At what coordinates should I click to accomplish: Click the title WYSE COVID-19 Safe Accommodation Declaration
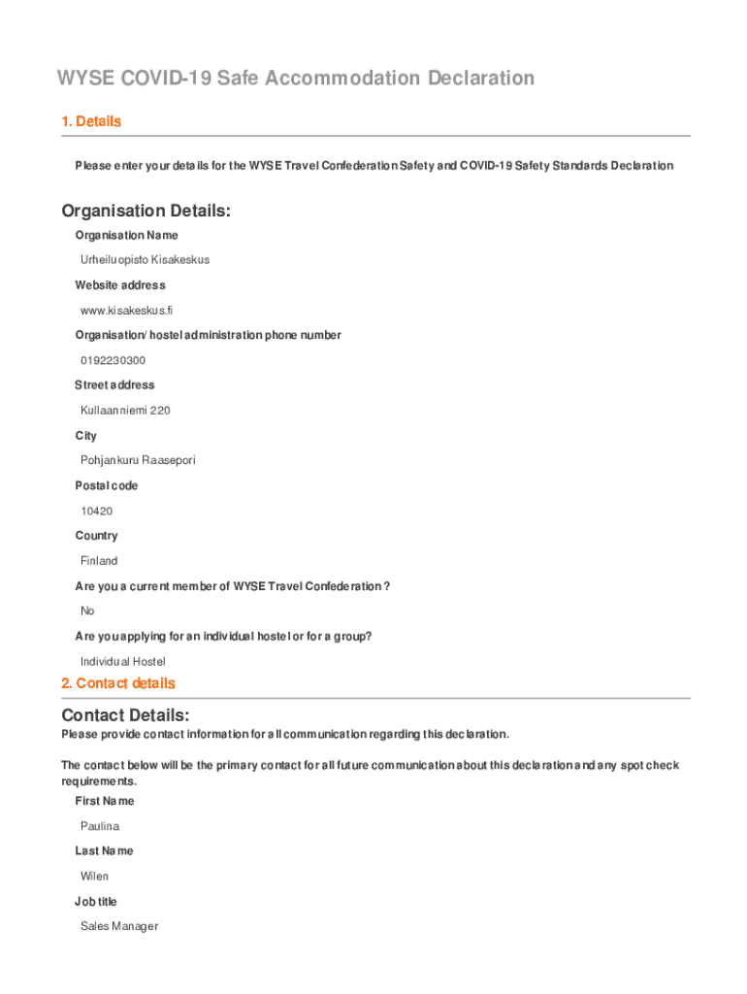click(295, 78)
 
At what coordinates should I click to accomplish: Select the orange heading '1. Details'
click(91, 121)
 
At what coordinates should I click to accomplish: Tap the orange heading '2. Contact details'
click(118, 683)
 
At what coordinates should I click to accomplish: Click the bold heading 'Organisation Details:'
click(146, 211)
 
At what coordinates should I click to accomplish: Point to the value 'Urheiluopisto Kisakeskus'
click(145, 260)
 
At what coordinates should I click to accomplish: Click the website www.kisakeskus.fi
click(126, 311)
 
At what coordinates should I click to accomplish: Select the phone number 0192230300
click(114, 360)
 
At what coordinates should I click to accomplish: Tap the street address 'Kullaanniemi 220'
click(125, 411)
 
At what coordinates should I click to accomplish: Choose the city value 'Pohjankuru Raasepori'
click(138, 460)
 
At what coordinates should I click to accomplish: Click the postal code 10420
click(97, 511)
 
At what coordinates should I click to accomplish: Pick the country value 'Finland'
click(99, 561)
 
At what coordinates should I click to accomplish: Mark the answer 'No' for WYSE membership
click(87, 611)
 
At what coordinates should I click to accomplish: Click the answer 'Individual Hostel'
click(123, 661)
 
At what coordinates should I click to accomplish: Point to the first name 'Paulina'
click(100, 826)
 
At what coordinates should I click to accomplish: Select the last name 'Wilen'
click(94, 876)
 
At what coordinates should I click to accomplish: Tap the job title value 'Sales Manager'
click(119, 926)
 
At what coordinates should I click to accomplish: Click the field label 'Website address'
click(120, 285)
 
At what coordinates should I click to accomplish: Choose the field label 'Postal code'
click(107, 485)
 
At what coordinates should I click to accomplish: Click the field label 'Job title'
click(96, 902)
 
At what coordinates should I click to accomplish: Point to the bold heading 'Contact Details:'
click(125, 715)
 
